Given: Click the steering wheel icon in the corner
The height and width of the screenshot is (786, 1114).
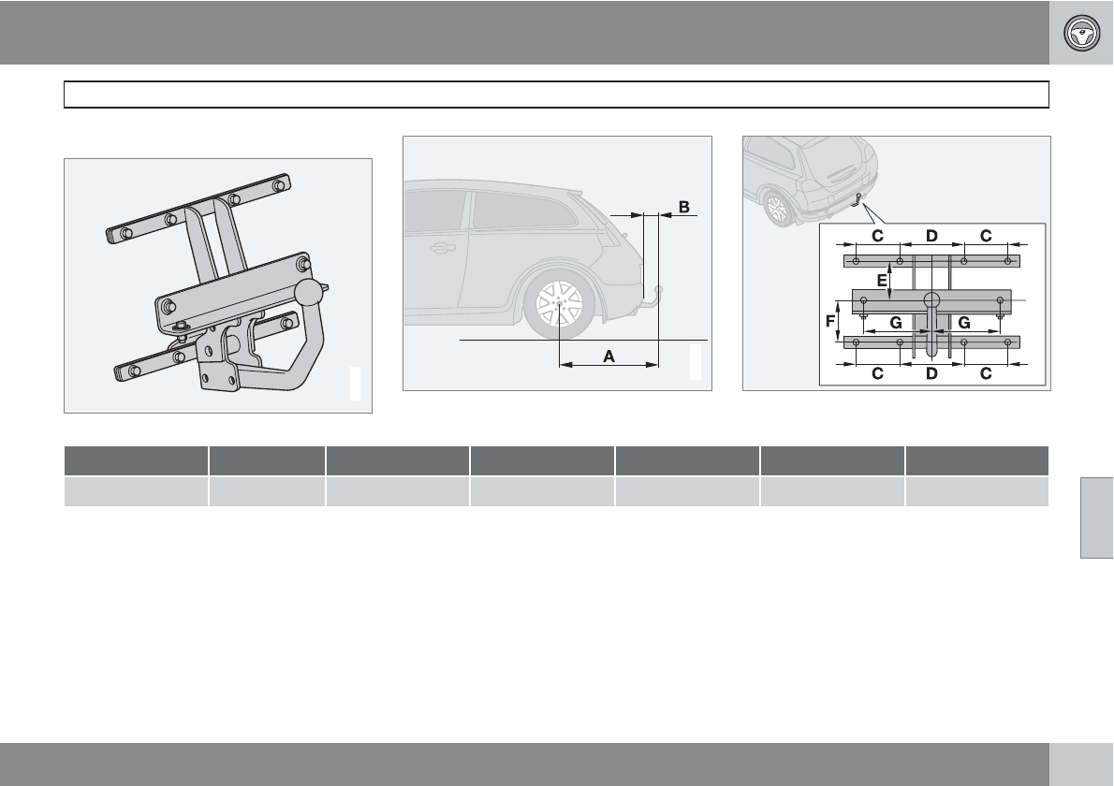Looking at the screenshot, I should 1081,33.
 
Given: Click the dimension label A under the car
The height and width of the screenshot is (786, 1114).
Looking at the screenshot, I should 608,357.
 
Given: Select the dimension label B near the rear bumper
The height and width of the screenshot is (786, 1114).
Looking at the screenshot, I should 684,207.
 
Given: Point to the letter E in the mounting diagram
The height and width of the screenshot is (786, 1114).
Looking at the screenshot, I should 881,279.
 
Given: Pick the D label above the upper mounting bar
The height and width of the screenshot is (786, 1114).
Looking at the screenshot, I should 931,236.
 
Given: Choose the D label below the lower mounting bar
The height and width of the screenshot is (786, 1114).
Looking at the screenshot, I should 931,374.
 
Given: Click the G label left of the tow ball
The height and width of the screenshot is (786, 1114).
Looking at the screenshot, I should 896,321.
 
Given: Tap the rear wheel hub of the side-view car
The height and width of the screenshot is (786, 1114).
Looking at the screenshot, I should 558,304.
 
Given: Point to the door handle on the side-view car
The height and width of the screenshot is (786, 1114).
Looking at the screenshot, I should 438,249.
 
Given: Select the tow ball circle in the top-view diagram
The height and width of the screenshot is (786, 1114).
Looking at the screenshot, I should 932,300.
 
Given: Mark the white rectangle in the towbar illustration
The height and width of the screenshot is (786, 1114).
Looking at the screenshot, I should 355,384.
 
